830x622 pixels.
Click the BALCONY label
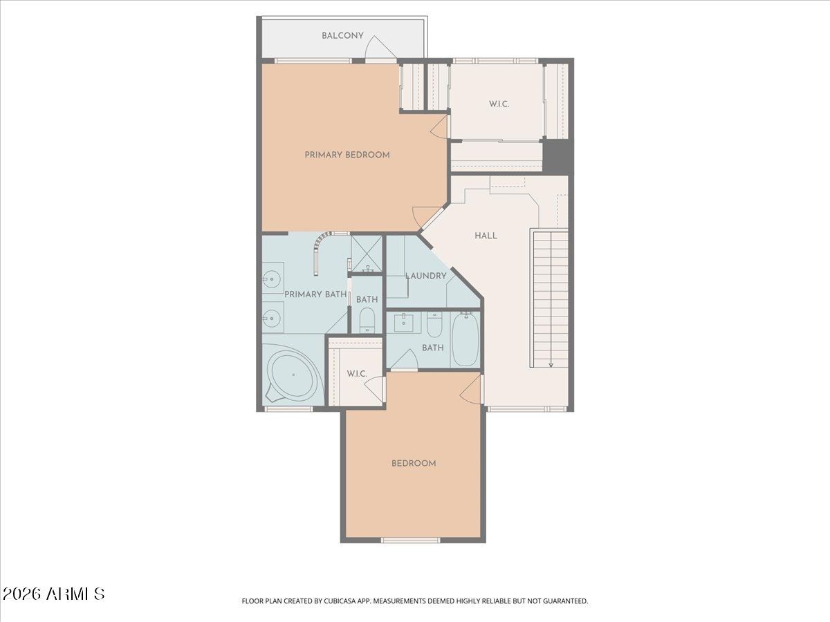[x=342, y=36]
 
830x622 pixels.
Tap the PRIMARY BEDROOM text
[x=347, y=155]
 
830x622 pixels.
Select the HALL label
[x=486, y=236]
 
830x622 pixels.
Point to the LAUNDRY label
[x=426, y=276]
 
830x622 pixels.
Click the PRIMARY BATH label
[x=315, y=294]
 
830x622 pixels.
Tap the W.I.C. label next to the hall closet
[x=499, y=104]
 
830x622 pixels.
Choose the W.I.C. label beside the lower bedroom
[x=356, y=374]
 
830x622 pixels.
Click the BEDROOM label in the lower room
[x=414, y=463]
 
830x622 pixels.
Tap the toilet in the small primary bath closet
[x=367, y=320]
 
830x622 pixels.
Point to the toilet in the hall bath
[x=434, y=323]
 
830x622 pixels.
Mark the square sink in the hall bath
[x=403, y=323]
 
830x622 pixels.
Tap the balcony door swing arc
[x=380, y=47]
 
